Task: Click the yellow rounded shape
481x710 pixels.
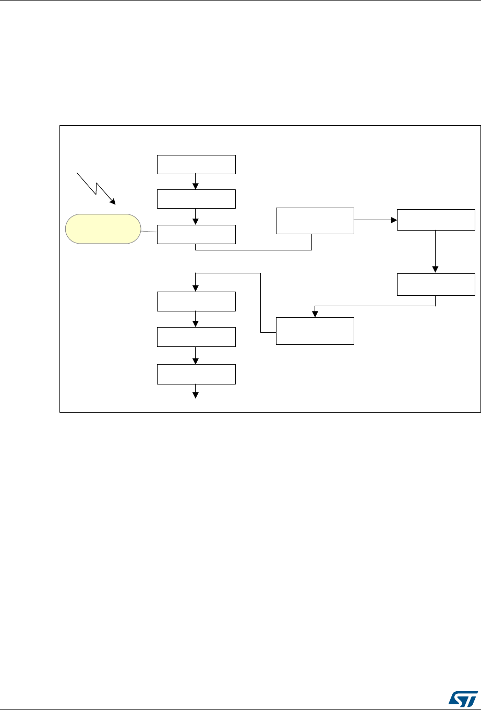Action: (x=103, y=228)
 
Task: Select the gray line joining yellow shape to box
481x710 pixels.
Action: (x=149, y=232)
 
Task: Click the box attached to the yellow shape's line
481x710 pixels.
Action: (x=196, y=235)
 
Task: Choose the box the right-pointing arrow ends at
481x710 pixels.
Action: (x=436, y=220)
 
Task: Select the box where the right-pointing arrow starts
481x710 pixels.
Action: (x=315, y=220)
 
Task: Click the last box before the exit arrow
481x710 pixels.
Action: (x=196, y=374)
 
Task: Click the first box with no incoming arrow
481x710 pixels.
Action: (x=196, y=164)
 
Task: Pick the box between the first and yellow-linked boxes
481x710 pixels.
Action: (x=196, y=199)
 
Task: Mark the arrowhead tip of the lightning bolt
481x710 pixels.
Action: (x=115, y=203)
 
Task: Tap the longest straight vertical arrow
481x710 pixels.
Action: (x=436, y=251)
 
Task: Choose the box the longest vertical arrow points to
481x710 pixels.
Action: (x=436, y=284)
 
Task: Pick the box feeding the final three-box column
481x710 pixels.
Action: (x=315, y=331)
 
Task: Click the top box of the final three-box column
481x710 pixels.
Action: (x=196, y=302)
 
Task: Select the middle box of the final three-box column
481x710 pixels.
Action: (x=196, y=337)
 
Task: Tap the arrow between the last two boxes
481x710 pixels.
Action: (x=196, y=356)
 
